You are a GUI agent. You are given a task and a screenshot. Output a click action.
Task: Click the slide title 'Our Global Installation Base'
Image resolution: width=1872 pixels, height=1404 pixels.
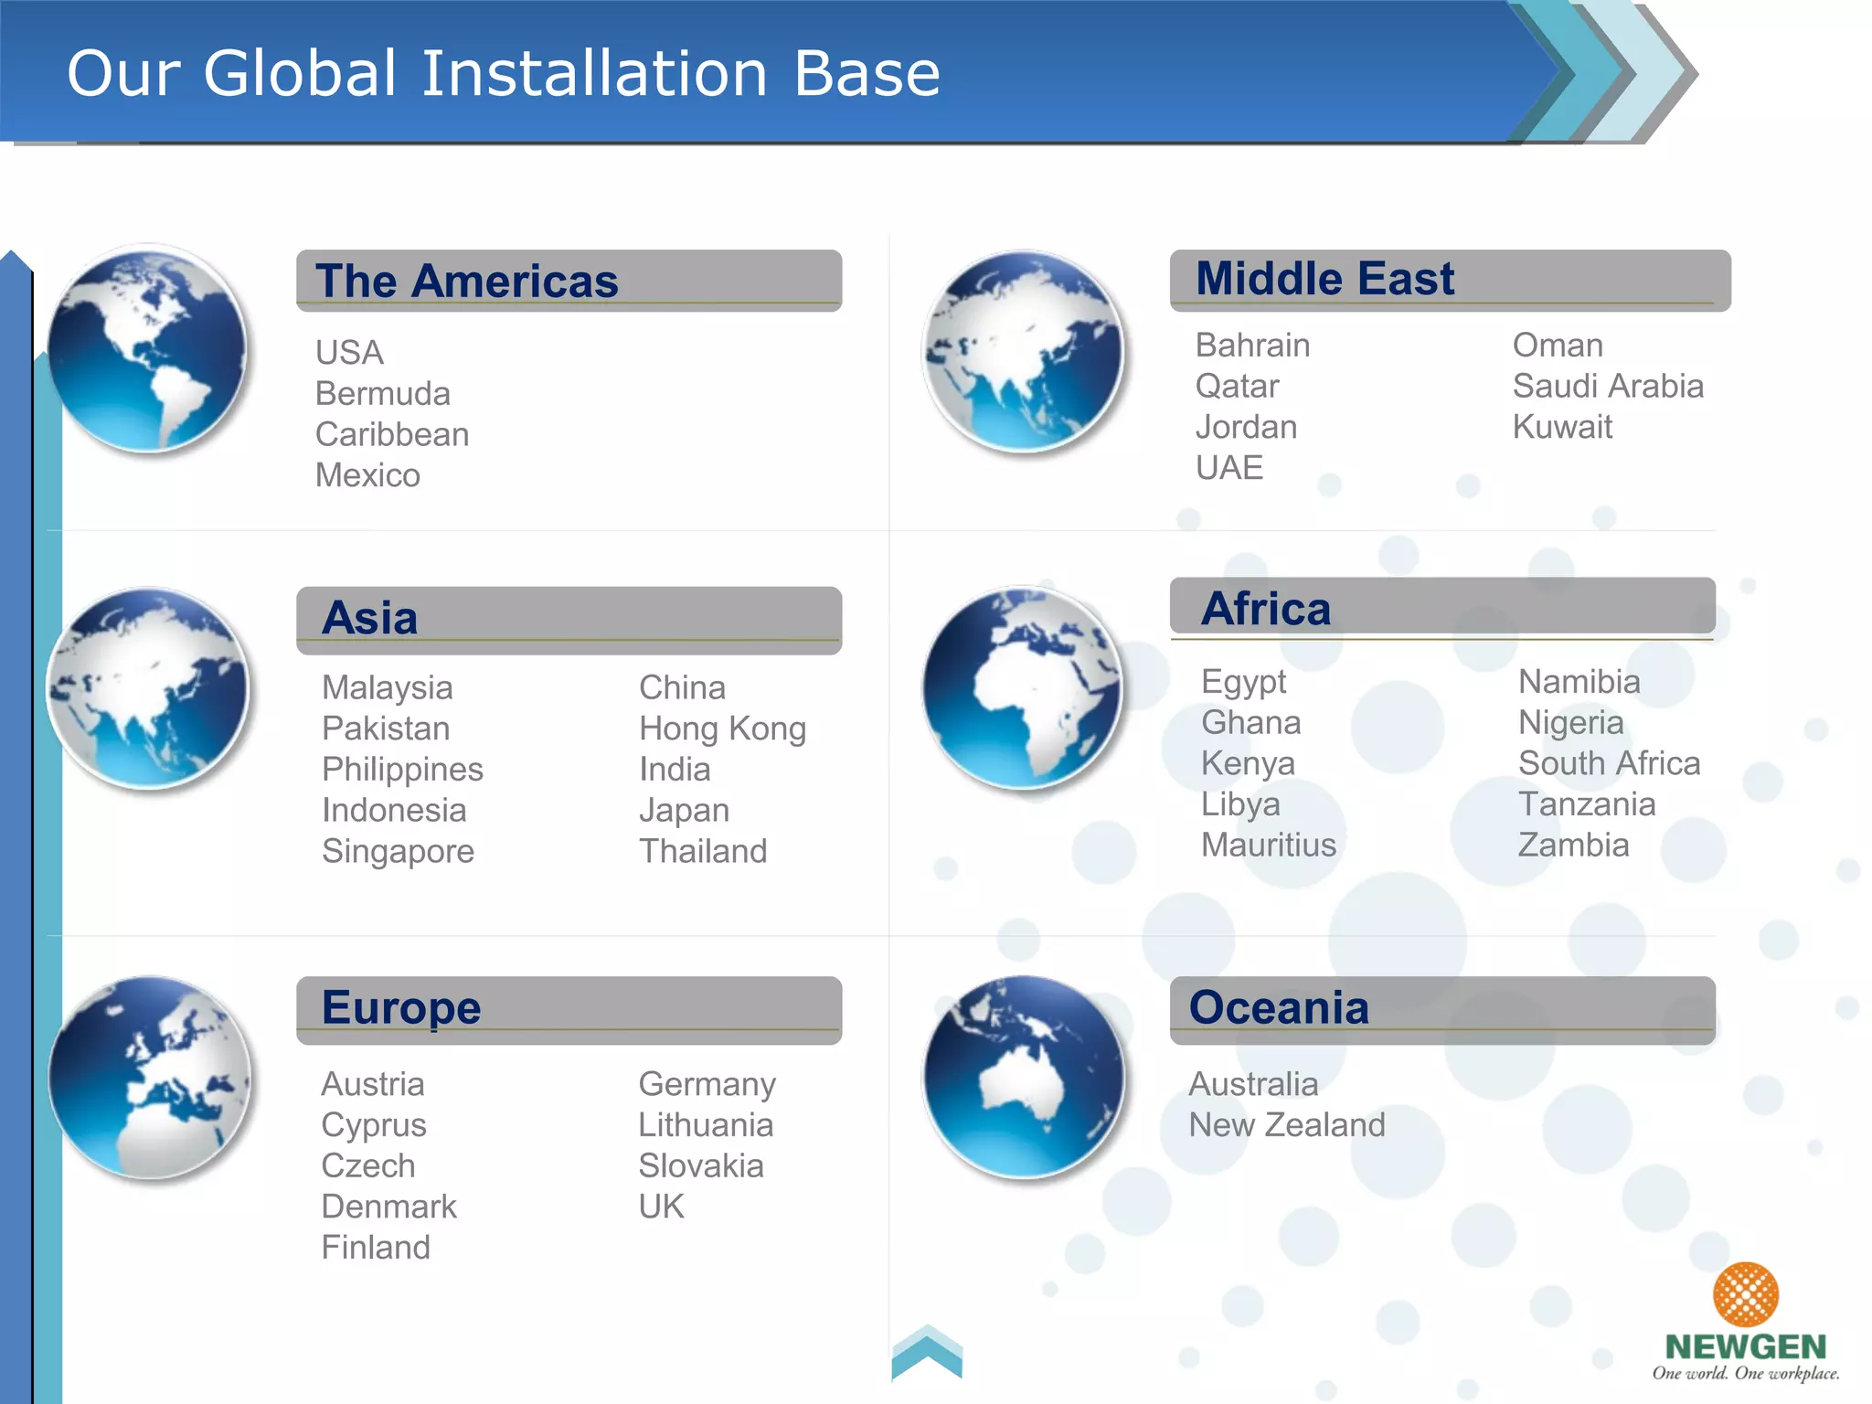[503, 73]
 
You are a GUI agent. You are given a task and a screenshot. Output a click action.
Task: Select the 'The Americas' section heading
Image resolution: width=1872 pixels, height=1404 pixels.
[467, 281]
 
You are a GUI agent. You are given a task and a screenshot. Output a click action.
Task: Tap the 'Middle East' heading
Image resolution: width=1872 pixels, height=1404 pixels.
[1324, 279]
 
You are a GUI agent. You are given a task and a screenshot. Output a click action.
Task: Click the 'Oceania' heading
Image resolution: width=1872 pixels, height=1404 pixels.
[1279, 1008]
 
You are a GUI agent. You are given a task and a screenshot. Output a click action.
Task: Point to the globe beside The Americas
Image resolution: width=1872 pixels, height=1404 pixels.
[147, 350]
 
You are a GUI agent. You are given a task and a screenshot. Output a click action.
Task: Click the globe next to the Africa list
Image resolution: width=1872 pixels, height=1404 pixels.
[1022, 688]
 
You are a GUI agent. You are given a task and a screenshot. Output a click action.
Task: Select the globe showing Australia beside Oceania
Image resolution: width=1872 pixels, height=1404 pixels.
[1024, 1078]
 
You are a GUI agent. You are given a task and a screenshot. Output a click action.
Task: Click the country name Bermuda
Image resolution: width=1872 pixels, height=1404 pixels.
[383, 394]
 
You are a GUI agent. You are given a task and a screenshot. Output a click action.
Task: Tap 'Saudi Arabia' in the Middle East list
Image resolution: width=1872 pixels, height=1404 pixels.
[1608, 387]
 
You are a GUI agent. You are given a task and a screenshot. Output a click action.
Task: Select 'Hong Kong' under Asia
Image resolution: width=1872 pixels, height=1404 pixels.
[722, 729]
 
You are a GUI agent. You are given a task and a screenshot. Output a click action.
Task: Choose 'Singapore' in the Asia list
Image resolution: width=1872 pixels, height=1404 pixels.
[398, 852]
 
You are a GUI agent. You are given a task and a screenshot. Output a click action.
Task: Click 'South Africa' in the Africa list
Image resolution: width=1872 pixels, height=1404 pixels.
[1609, 764]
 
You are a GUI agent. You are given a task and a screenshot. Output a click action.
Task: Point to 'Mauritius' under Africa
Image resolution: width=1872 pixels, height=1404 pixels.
[1268, 846]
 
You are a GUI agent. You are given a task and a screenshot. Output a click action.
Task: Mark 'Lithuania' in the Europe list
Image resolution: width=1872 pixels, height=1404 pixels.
[706, 1125]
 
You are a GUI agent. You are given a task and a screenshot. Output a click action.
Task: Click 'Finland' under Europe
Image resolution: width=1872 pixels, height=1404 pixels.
[376, 1248]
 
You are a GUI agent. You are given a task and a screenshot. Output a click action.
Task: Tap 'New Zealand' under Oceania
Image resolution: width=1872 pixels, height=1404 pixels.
[1287, 1125]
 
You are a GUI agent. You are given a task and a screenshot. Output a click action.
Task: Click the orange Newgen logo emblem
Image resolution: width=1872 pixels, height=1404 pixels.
[1745, 1294]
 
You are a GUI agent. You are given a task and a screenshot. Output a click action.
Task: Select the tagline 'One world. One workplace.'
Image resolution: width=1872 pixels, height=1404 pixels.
[1745, 1373]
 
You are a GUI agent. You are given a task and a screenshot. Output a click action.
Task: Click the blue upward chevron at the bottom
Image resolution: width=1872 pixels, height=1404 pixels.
[927, 1352]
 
